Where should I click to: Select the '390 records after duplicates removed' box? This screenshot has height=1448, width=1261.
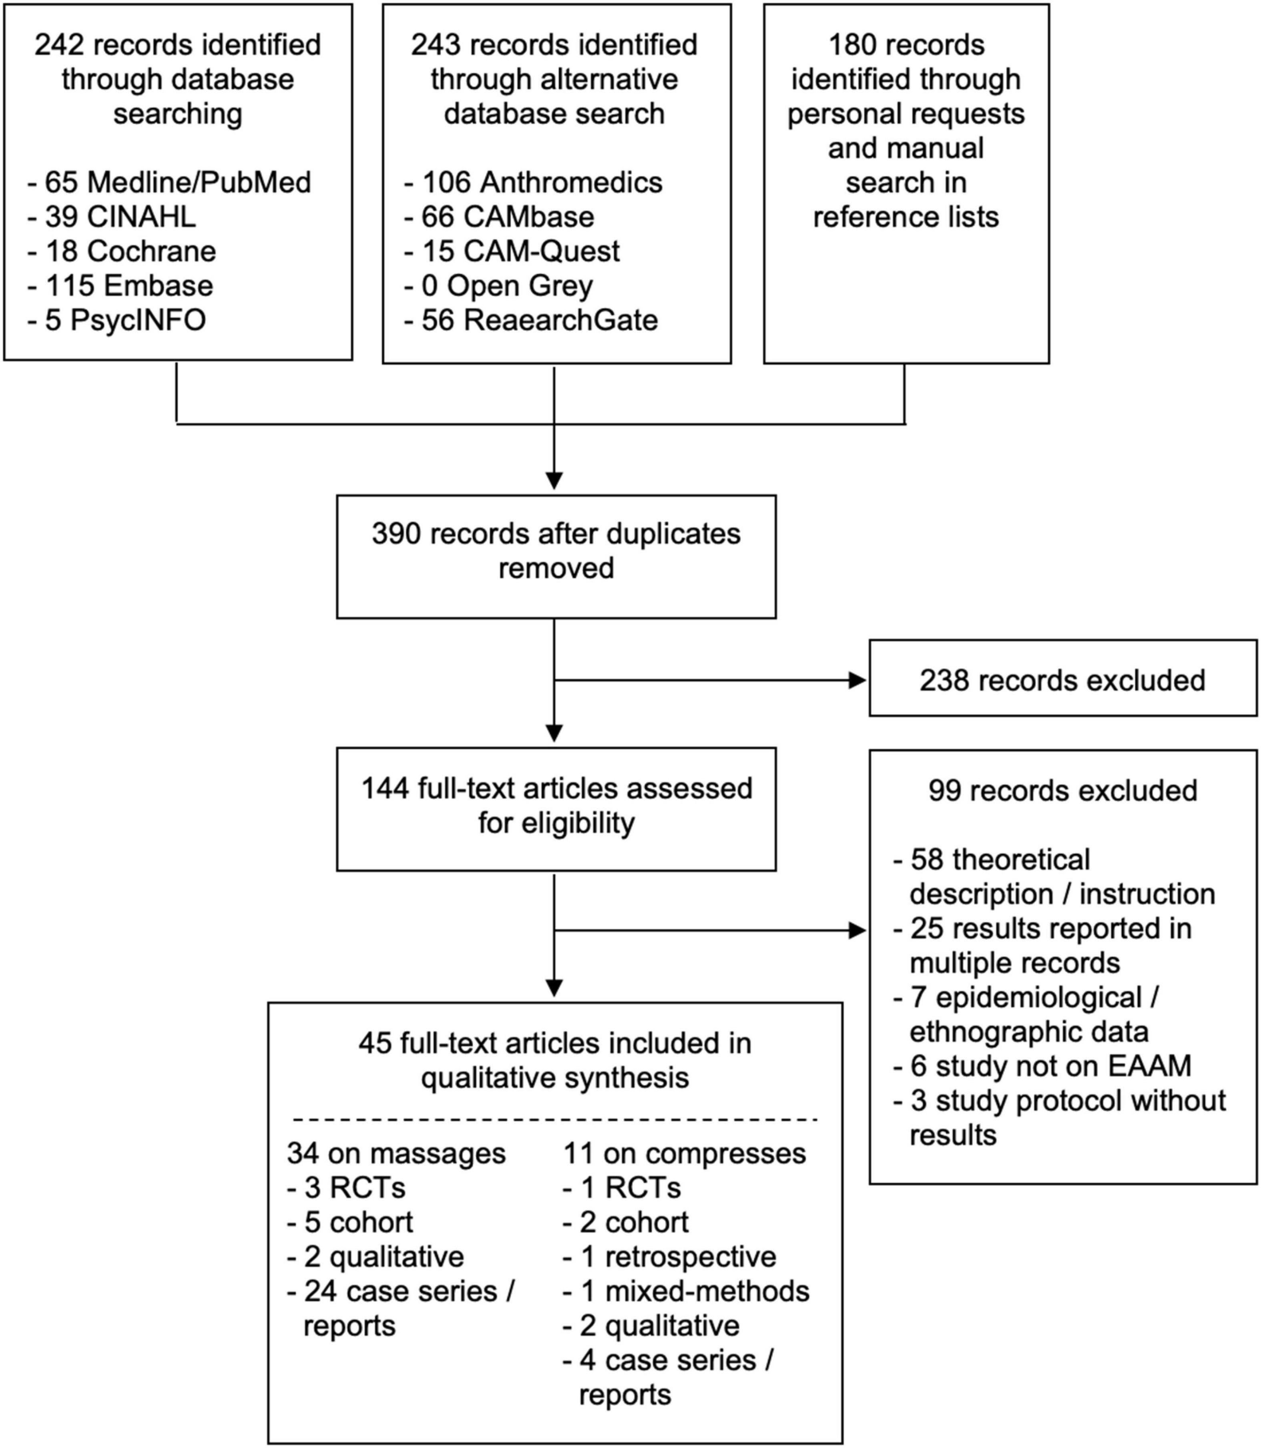coord(556,556)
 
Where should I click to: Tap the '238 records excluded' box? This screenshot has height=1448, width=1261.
coord(1062,678)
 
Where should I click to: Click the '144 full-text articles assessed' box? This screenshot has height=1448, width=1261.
coord(556,809)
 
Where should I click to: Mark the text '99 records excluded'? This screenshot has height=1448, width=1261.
coord(1062,791)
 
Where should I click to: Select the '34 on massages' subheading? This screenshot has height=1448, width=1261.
coord(396,1154)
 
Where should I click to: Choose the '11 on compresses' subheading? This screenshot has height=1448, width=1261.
coord(685,1154)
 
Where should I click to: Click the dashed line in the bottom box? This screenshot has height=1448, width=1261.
coord(555,1119)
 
